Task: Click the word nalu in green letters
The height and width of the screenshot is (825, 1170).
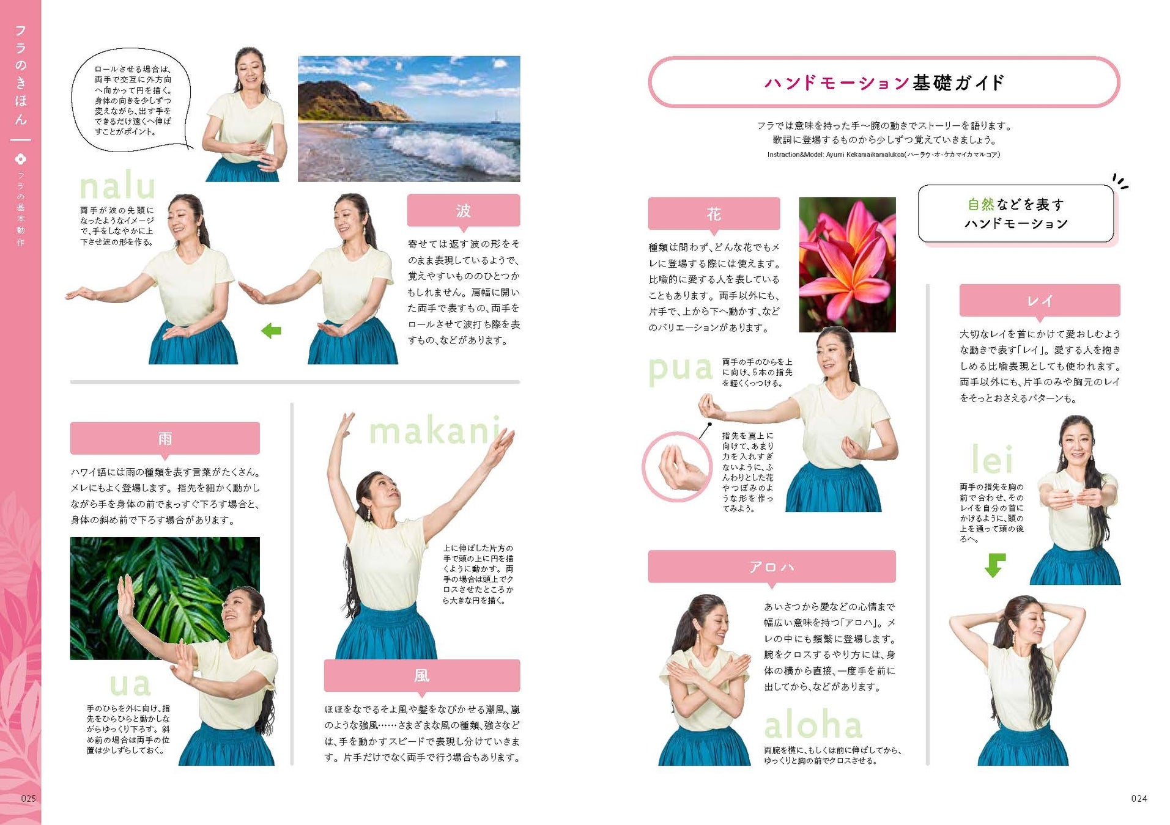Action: (x=117, y=186)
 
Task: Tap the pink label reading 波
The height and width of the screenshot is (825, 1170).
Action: (x=464, y=211)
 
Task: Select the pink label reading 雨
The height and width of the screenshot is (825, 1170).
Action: (x=165, y=438)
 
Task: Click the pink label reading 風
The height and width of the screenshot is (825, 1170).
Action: (x=422, y=676)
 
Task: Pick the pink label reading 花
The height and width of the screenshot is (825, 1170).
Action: (x=714, y=214)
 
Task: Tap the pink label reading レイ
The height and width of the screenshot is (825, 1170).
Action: (x=1040, y=301)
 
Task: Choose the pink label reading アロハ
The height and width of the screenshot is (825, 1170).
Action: (x=772, y=567)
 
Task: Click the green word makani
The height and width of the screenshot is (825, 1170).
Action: (x=435, y=431)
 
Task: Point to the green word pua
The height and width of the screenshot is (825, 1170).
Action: (x=680, y=369)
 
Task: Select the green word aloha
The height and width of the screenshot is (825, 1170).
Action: (x=813, y=725)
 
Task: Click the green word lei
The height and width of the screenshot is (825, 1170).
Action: (x=992, y=459)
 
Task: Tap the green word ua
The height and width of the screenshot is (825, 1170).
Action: (x=130, y=685)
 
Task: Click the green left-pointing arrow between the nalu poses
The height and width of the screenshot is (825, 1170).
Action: (x=271, y=331)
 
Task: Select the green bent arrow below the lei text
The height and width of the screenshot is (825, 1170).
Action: (x=995, y=565)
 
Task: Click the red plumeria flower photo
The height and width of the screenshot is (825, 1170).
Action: (x=848, y=265)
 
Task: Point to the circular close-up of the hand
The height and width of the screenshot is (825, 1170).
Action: (x=677, y=467)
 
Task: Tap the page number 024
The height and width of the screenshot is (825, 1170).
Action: (x=1139, y=799)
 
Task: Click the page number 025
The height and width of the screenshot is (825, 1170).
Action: (x=29, y=799)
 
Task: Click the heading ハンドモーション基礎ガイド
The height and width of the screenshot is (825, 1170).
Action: (x=884, y=82)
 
